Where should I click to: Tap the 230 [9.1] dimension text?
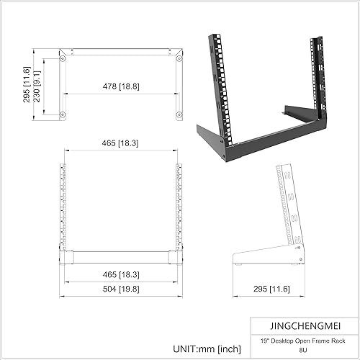click(x=47, y=84)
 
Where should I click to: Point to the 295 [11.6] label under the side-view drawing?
click(x=268, y=289)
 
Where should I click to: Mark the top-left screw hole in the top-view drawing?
click(x=63, y=56)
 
